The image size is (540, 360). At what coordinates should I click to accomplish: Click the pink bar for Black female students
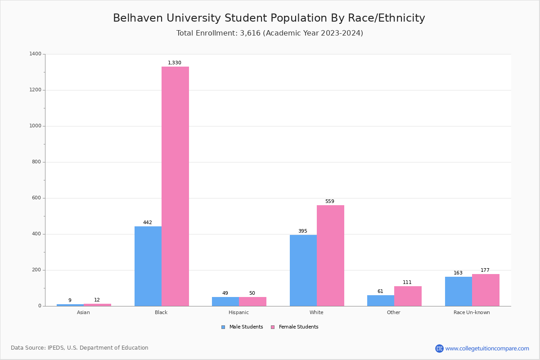coord(175,186)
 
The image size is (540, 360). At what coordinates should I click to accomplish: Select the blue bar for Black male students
coord(148,266)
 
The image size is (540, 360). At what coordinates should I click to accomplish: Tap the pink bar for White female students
coord(330,256)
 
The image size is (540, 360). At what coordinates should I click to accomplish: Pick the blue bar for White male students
coord(303,270)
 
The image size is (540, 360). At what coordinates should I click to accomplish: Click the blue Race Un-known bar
coord(459,291)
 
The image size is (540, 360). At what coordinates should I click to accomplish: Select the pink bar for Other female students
coord(408,296)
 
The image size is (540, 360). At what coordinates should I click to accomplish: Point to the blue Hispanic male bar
coord(225,301)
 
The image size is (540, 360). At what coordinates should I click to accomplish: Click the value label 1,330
coord(175,63)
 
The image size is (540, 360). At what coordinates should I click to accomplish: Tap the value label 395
coord(303,231)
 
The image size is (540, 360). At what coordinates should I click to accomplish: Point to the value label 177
coord(485,270)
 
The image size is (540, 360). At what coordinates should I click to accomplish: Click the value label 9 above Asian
coord(70,301)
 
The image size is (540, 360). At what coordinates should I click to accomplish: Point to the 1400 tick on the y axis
coord(36,54)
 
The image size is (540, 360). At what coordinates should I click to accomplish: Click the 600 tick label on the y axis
coord(36,198)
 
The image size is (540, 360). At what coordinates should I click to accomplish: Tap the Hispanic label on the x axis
coord(238,312)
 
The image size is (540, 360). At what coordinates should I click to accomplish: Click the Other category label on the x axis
coord(393,312)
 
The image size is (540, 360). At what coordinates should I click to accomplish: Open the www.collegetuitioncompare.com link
coord(487,348)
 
